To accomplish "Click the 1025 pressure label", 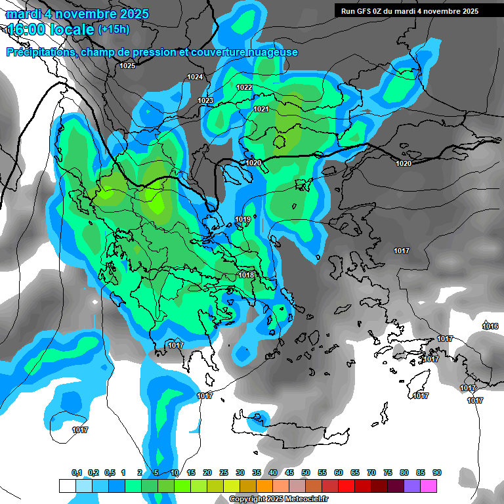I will [x=127, y=66].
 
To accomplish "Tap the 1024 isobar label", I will [x=195, y=77].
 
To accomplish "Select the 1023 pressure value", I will [x=205, y=100].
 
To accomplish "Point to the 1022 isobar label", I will [x=244, y=87].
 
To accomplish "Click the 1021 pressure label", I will [x=261, y=109].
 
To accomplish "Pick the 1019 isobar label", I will [x=243, y=219].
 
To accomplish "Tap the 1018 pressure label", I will [x=247, y=275].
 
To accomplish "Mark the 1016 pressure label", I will [x=490, y=326].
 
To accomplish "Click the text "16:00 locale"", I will [x=51, y=29].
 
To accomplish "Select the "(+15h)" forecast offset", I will [x=114, y=29].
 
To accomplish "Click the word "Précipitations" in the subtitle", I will [x=41, y=52].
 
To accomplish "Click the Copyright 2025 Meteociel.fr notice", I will [x=279, y=499].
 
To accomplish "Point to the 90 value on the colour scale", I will [x=436, y=473].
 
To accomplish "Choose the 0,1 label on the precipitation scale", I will [x=77, y=473].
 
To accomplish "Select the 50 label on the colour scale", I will [x=306, y=473].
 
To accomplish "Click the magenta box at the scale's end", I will [x=429, y=486].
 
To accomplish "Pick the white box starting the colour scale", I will [x=67, y=486].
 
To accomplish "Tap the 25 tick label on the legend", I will [x=224, y=473].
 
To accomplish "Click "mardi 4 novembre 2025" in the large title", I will [x=77, y=14].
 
